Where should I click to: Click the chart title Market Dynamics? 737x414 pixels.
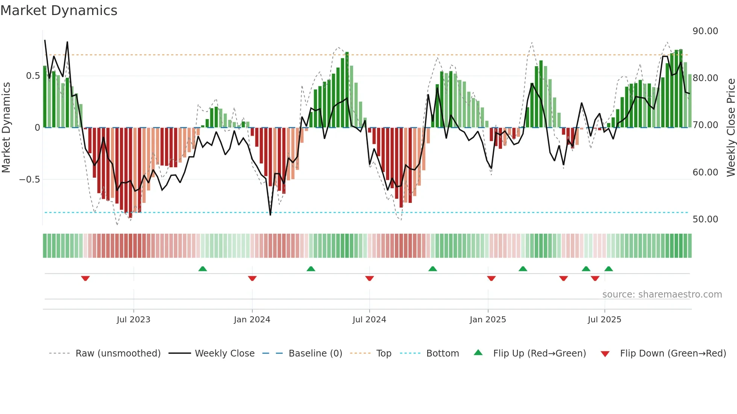(x=59, y=11)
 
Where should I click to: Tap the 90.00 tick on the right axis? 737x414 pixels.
(x=705, y=31)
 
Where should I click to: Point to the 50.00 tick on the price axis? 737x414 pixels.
(x=705, y=219)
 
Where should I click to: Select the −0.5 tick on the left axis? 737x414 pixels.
(x=29, y=180)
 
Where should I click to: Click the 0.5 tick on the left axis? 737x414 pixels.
(x=33, y=76)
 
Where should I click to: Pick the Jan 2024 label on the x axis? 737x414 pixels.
(x=252, y=320)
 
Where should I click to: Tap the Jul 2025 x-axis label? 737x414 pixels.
(x=604, y=320)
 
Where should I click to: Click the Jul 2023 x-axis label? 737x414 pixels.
(x=133, y=320)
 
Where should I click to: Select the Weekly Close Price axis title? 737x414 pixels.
(x=731, y=128)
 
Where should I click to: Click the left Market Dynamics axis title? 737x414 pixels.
(x=6, y=128)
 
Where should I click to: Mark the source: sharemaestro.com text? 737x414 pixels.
(x=662, y=295)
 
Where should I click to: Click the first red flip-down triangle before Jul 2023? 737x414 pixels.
(x=85, y=278)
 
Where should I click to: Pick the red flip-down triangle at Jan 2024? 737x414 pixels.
(x=252, y=278)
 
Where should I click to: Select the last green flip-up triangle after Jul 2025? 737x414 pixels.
(x=608, y=269)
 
